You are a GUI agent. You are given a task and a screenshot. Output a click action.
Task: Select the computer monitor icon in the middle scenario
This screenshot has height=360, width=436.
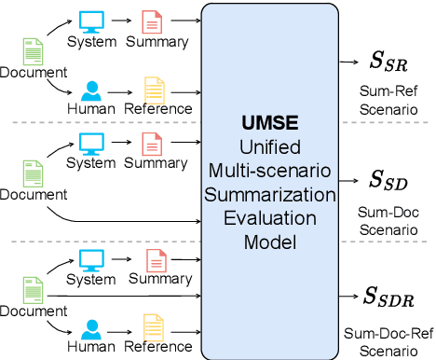91,142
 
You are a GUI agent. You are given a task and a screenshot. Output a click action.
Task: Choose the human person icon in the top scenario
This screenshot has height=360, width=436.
91,90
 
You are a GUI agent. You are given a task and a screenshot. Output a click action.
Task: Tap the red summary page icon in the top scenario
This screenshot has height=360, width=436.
150,21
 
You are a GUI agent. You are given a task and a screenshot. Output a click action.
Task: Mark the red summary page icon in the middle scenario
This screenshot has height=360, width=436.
150,142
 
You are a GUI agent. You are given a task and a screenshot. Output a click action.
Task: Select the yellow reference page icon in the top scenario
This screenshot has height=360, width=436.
152,90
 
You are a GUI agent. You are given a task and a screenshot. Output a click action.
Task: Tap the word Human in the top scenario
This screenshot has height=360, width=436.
91,109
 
